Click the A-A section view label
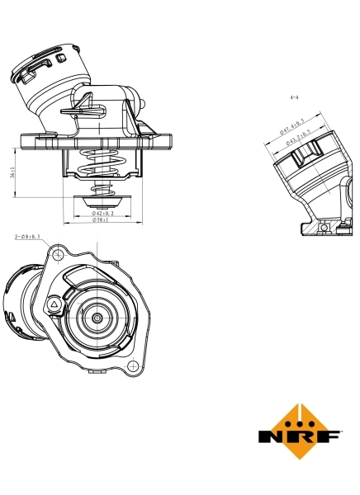pyautogui.click(x=294, y=97)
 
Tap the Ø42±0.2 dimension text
pyautogui.click(x=103, y=214)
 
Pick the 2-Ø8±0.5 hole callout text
pyautogui.click(x=28, y=237)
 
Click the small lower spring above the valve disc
pyautogui.click(x=101, y=191)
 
